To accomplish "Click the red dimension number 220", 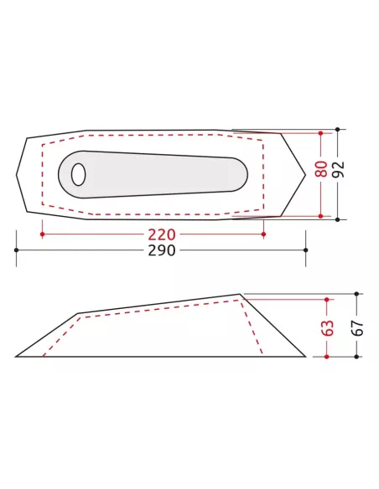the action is (x=162, y=234).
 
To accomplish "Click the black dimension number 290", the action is (x=162, y=250).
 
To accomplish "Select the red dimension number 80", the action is (x=321, y=168).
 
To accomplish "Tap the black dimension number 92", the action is (x=339, y=169).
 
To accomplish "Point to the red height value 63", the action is (x=328, y=327).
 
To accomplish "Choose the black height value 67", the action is (x=358, y=327).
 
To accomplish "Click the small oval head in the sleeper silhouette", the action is (x=78, y=174).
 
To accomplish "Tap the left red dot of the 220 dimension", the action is (x=42, y=234).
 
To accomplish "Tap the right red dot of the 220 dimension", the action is (x=263, y=234).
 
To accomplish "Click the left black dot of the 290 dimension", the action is (x=16, y=250).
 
